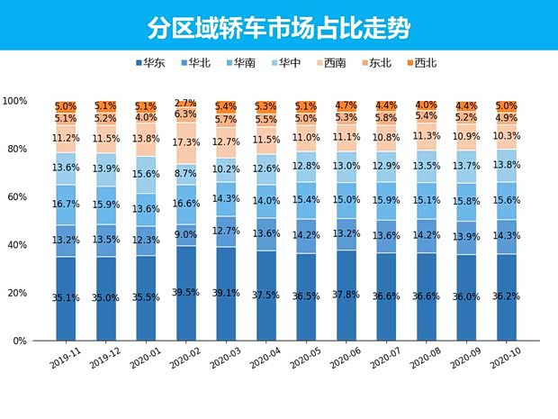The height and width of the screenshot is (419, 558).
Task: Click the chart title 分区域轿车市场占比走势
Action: (278, 26)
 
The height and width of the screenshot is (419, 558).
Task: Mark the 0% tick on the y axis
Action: (19, 342)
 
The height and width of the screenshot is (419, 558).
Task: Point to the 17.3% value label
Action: (184, 142)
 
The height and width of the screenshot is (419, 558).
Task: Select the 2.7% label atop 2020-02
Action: (184, 104)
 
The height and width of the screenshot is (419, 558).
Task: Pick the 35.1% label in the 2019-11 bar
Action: (65, 296)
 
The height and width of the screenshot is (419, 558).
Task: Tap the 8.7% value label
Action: (184, 173)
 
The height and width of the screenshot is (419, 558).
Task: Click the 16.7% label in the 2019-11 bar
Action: (65, 205)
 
